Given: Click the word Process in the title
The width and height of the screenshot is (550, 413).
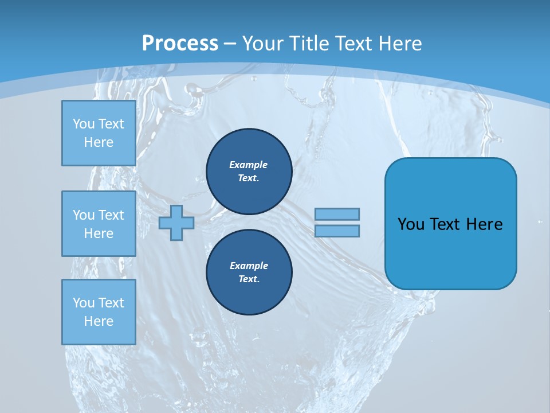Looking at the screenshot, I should tap(180, 44).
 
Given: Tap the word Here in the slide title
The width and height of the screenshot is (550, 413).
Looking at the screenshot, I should tap(397, 44).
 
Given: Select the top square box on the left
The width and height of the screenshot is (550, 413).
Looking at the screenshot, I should tap(99, 133).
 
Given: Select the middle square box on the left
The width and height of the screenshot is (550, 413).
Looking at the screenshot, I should tap(99, 224).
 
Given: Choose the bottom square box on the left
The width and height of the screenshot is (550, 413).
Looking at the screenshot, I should tap(99, 312).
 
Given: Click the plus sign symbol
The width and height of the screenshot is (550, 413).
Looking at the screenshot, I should tap(176, 223).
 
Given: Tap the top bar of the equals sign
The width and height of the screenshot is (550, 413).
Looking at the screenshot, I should tap(337, 214).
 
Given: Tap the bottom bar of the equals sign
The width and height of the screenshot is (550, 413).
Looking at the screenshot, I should tap(337, 231).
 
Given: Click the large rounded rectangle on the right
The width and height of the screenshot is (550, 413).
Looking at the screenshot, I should tap(450, 252).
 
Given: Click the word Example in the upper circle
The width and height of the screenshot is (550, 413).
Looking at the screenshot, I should tap(249, 165).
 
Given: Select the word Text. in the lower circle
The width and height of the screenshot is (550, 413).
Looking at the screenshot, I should tap(249, 279).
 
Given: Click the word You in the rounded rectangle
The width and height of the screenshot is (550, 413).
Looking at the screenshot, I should tap(411, 224).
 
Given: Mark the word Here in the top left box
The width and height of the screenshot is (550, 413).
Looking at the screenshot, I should tap(99, 142).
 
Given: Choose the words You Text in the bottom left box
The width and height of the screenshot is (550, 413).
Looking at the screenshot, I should tap(99, 302).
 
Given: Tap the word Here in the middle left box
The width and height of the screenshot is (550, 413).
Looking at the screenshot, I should tap(99, 233).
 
